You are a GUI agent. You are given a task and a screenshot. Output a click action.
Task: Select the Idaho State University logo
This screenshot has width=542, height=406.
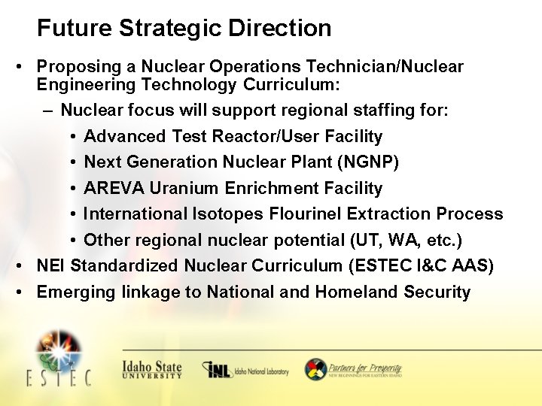[152, 368]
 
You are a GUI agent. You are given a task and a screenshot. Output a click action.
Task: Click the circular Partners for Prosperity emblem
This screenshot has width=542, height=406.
[315, 369]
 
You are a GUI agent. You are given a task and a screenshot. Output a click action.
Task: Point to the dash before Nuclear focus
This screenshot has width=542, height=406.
[48, 111]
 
